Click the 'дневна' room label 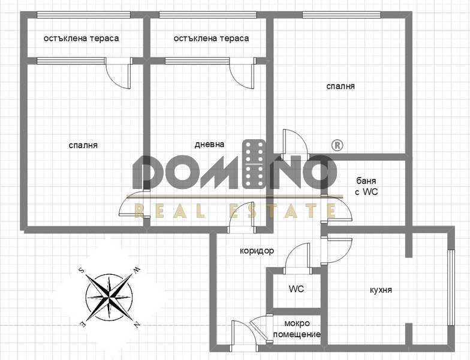point(209,144)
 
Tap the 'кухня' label point(381,290)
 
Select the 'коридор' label point(257,251)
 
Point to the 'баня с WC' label point(366,186)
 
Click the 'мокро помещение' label point(297,329)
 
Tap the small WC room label point(296,289)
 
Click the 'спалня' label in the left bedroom point(83,145)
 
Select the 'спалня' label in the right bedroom point(341,86)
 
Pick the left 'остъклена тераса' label point(81,38)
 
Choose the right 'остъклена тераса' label point(211,38)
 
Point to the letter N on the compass point(137,324)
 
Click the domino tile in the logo point(254,164)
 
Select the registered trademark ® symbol point(337,145)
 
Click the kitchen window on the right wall point(451,287)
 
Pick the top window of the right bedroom point(342,14)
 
